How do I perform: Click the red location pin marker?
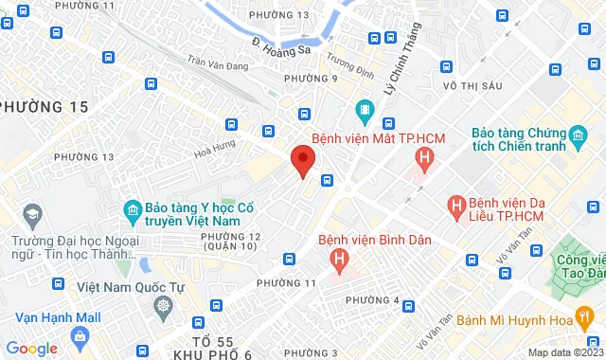point(303,159)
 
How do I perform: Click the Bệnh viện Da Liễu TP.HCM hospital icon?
point(456,205)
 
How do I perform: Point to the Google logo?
point(31,348)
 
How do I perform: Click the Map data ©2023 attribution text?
point(563,352)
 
